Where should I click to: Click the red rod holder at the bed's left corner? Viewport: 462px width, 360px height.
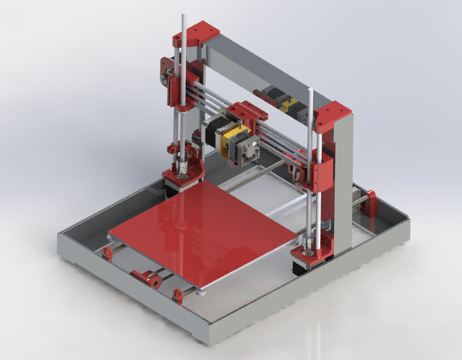point(108,252)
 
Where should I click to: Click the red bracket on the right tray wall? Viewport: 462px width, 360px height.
point(369,201)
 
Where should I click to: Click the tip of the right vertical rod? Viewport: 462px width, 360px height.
point(310,90)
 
